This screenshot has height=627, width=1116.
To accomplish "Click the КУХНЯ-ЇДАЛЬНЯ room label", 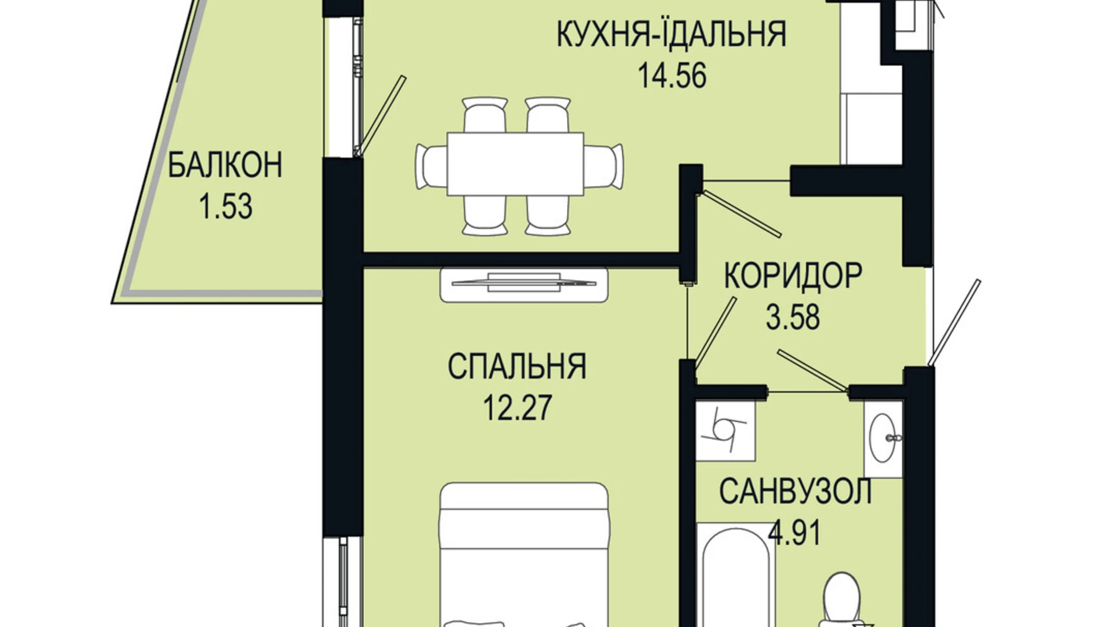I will click(x=671, y=34).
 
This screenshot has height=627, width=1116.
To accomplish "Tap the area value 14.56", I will click(x=671, y=77).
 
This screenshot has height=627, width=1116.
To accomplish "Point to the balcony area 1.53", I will click(x=225, y=207).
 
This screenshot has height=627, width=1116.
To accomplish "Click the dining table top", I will click(x=515, y=164).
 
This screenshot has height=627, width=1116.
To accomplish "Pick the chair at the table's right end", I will click(x=603, y=166).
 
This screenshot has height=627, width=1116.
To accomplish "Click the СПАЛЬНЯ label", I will click(x=517, y=367).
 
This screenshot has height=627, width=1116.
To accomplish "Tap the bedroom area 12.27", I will click(x=517, y=408).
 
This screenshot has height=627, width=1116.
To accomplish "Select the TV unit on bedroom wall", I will click(x=523, y=285).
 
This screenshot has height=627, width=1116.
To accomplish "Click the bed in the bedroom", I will click(x=523, y=555).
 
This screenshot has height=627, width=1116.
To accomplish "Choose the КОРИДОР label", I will click(x=792, y=276).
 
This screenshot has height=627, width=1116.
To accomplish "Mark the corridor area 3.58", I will click(x=792, y=318).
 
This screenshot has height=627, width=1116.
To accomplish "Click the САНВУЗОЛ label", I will click(x=795, y=492).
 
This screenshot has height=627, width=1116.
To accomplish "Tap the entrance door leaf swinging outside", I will click(x=955, y=323).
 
